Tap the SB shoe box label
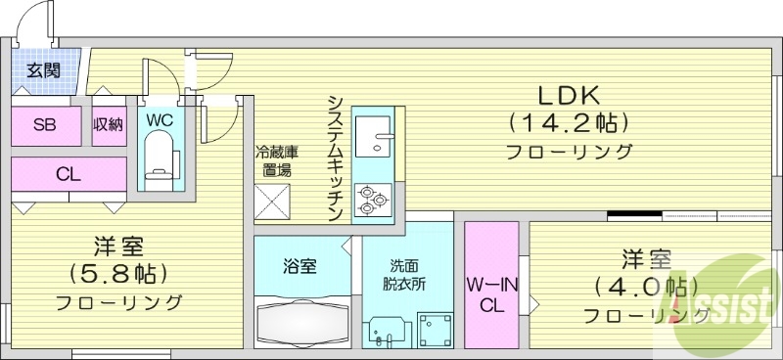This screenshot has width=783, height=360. tap(44, 124)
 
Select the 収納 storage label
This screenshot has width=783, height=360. tap(108, 124)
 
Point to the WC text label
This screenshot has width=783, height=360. tap(160, 119)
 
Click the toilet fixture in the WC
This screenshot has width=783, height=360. tap(159, 159)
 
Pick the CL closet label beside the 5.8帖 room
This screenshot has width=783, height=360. tap(68, 176)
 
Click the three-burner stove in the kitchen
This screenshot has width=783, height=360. tap(373, 200)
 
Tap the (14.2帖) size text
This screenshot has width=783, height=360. tap(568, 123)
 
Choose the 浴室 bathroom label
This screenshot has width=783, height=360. tap(299, 266)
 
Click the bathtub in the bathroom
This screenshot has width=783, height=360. tap(300, 320)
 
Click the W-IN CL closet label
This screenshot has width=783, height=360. tap(490, 294)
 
